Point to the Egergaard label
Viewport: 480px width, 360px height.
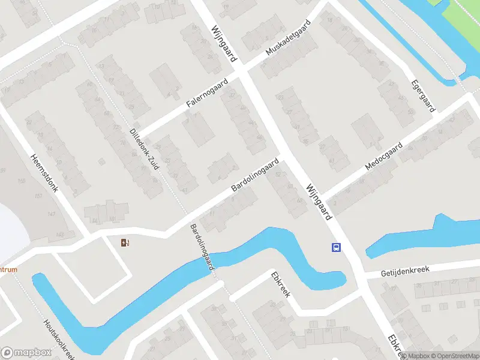point(423,95)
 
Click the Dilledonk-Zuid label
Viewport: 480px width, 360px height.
point(144,149)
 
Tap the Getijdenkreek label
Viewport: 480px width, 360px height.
point(406,272)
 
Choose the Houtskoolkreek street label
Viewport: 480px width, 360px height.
point(58,337)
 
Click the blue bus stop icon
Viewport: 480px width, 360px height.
point(336,247)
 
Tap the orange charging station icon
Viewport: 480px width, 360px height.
point(125,242)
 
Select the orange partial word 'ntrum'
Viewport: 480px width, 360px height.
point(8,269)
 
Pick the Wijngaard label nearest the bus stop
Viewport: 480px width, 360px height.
point(318,200)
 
